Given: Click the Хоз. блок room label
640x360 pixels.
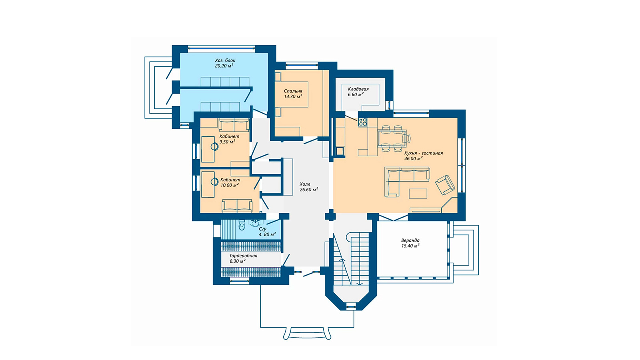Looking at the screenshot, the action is point(225,63).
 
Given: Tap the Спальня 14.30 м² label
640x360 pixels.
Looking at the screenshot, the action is point(293,94).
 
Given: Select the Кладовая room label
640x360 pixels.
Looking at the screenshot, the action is point(358,92).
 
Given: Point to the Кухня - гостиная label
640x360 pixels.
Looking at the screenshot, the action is point(424,156).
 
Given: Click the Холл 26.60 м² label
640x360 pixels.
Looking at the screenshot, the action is point(308,187).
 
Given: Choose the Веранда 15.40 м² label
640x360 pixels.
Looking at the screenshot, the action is point(410,243).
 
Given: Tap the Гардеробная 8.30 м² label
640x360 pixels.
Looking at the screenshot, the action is point(244,258).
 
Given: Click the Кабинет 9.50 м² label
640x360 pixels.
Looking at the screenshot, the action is point(229,139).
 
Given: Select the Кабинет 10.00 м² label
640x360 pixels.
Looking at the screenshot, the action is point(230,182).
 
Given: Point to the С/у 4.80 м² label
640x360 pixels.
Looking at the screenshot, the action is point(267,232).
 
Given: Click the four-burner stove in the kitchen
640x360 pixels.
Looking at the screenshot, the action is point(363,122).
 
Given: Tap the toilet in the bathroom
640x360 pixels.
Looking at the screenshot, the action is point(242,225).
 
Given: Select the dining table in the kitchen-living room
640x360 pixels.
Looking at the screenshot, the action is point(392,138).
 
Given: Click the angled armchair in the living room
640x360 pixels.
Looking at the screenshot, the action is point(445,185).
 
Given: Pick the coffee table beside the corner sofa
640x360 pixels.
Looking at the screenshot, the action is point(418,194).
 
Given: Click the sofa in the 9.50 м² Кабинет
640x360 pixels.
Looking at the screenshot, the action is point(234,125).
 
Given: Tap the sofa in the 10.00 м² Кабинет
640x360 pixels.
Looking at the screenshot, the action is point(237,206).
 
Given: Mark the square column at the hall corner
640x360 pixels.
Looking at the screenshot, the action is point(330,215).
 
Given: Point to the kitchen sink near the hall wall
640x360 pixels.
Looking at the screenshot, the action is point(340,151).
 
